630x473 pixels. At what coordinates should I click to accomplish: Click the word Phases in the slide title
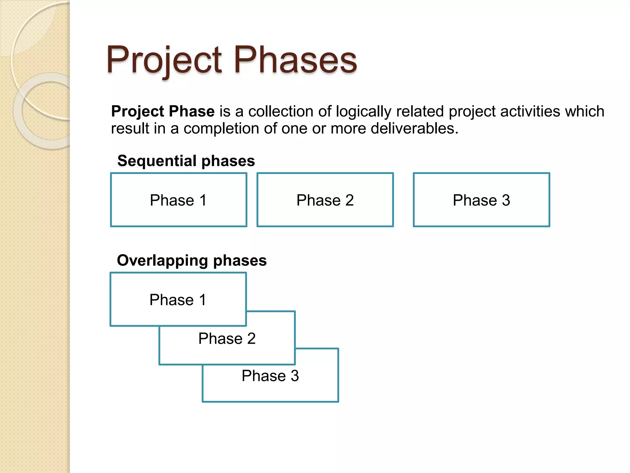point(295,60)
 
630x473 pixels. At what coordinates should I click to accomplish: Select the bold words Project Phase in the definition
point(163,111)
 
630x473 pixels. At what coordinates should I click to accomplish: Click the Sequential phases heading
point(186,161)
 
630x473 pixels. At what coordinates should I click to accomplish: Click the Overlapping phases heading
point(192,261)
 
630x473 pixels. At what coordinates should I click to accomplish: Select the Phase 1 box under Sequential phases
point(178,200)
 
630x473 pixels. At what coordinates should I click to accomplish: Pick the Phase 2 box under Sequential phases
point(325,200)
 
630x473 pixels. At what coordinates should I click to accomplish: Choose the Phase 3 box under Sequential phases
point(481,200)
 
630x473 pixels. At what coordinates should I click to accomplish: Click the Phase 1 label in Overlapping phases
point(178,300)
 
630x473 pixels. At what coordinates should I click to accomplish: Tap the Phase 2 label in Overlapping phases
point(227,338)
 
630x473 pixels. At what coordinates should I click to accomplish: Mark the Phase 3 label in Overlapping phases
point(270,376)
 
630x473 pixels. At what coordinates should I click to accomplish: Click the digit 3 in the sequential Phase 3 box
point(506,200)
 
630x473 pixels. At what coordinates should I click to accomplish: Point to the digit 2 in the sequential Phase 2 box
point(349,200)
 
